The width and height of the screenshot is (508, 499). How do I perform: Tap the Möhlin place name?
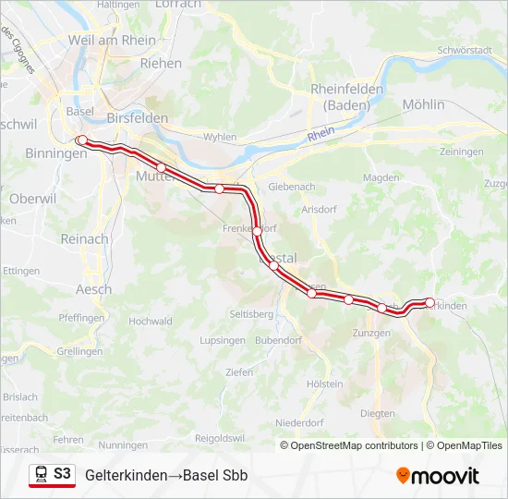[x=424, y=104]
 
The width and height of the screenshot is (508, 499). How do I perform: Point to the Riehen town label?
[x=161, y=64]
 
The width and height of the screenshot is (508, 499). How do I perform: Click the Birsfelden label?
[x=138, y=118]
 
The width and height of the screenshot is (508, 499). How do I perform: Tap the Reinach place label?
[x=84, y=238]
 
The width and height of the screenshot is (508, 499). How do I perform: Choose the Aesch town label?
[x=93, y=289]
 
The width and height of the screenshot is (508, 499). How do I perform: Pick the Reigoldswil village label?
[x=218, y=437]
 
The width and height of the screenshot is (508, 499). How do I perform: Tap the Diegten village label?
[x=377, y=414]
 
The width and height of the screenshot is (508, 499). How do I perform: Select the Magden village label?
[x=381, y=177]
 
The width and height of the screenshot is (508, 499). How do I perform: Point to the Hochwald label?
[x=151, y=322]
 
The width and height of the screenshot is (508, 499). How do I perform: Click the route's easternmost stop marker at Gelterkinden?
[x=429, y=302]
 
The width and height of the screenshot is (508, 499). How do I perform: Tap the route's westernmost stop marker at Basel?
[x=81, y=140]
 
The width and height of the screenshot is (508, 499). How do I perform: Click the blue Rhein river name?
[x=321, y=134]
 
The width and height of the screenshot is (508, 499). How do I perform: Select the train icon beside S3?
[x=41, y=475]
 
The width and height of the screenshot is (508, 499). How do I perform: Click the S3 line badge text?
[x=62, y=474]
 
